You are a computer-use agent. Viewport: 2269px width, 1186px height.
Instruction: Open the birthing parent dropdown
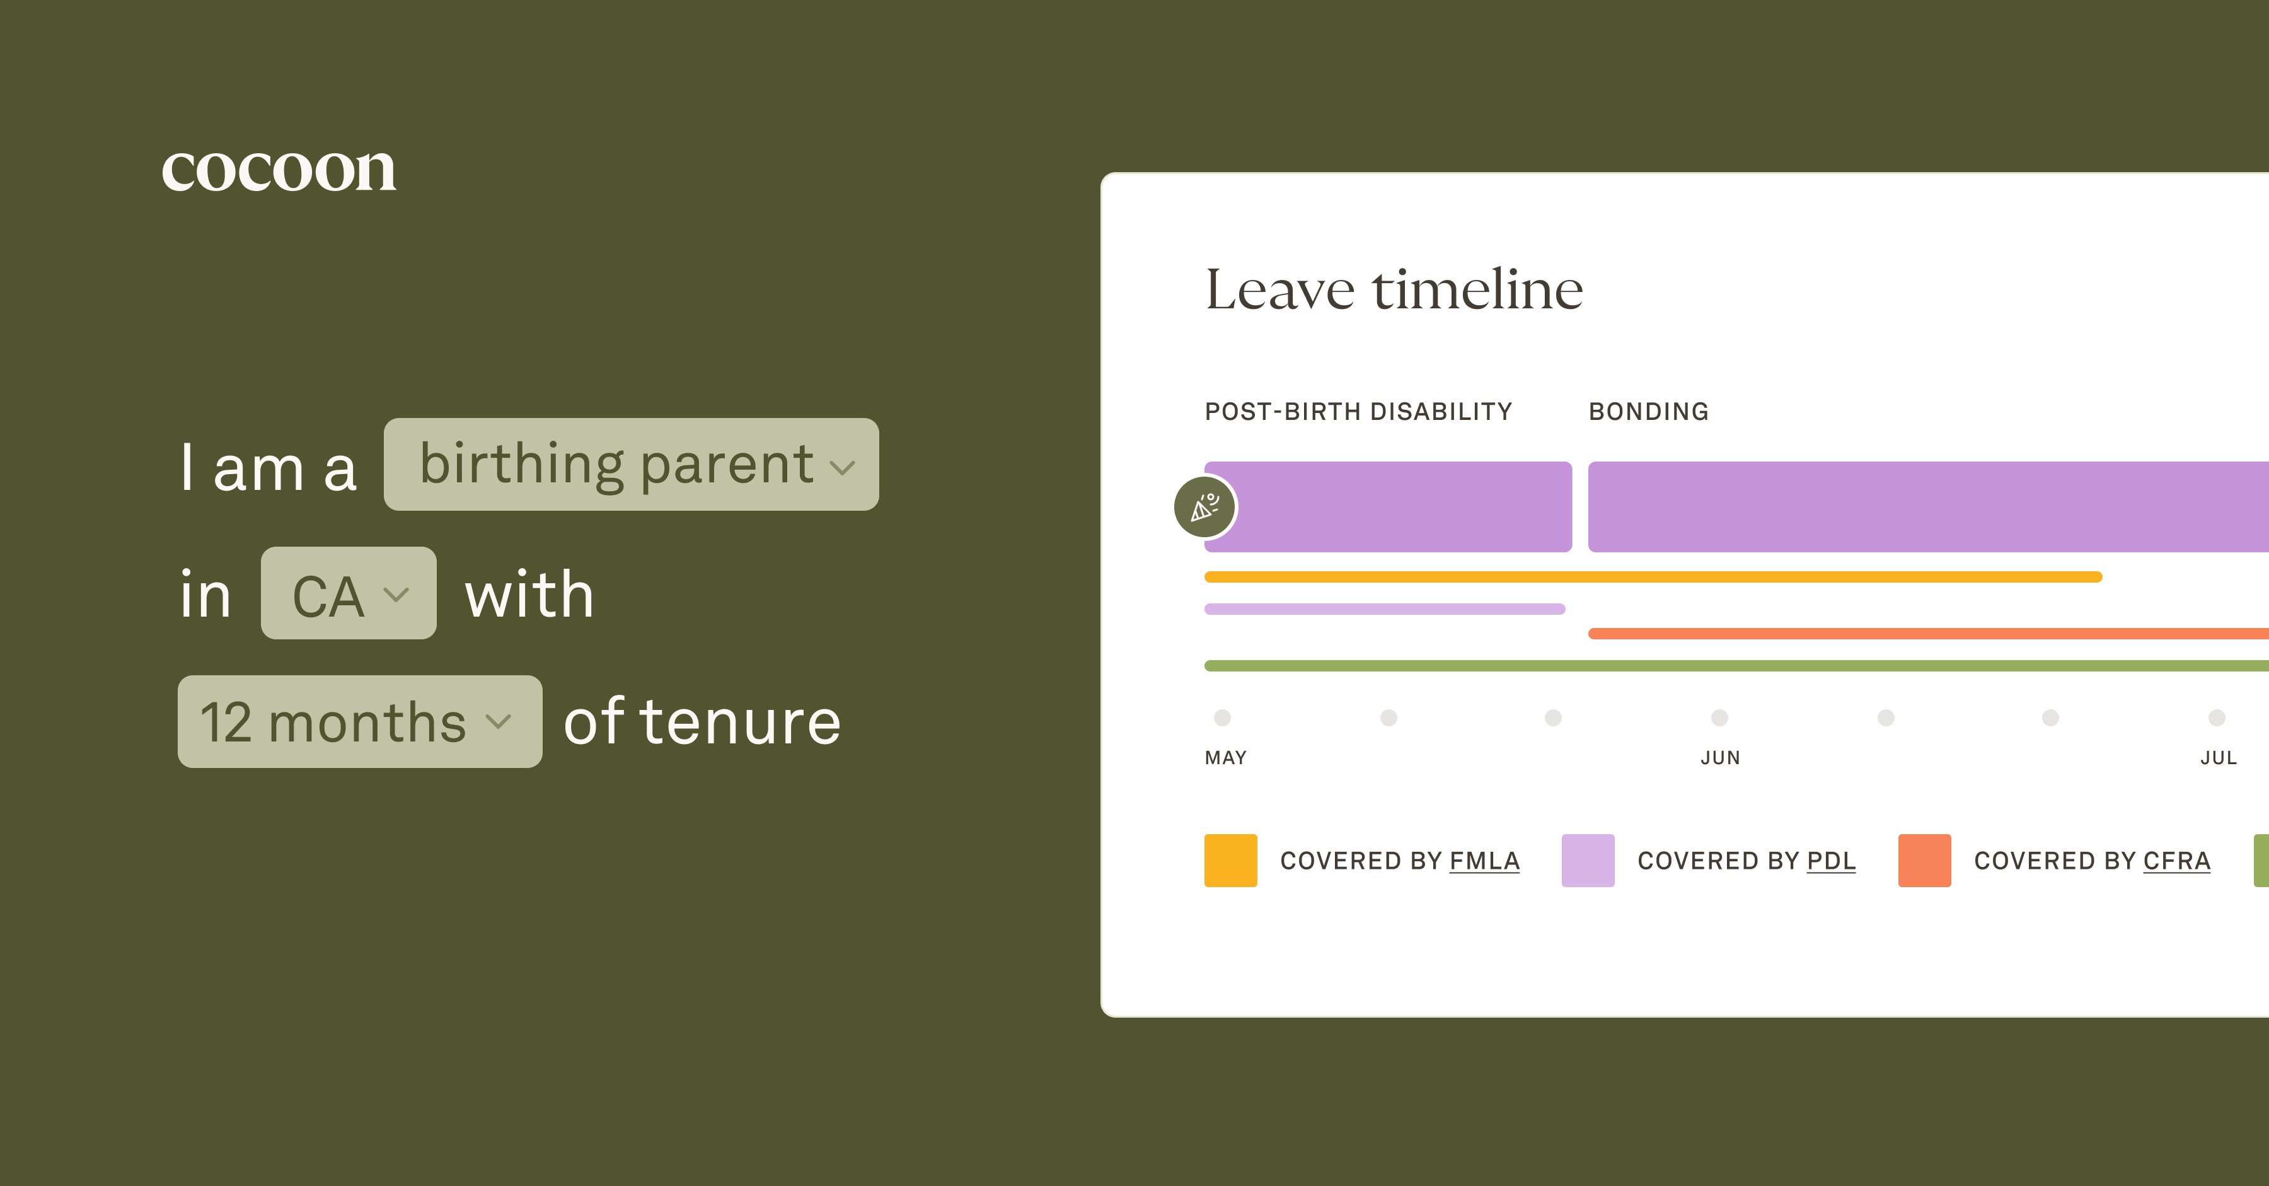pyautogui.click(x=631, y=464)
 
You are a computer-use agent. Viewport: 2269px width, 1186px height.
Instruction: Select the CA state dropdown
pyautogui.click(x=348, y=593)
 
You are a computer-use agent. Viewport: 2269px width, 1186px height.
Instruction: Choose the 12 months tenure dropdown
pyautogui.click(x=359, y=722)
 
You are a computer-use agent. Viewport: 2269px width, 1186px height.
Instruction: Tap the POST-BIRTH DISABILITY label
pyautogui.click(x=1358, y=412)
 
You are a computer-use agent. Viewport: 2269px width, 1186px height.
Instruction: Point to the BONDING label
pyautogui.click(x=1648, y=412)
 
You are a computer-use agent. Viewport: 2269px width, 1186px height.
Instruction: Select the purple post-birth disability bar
pyautogui.click(x=1400, y=507)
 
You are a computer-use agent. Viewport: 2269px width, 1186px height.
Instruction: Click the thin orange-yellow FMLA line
pyautogui.click(x=1653, y=577)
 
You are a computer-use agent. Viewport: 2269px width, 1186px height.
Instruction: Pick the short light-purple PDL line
pyautogui.click(x=1383, y=609)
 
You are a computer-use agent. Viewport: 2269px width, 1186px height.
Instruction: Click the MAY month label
pyautogui.click(x=1225, y=758)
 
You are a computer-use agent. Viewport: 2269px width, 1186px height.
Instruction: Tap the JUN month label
pyautogui.click(x=1719, y=758)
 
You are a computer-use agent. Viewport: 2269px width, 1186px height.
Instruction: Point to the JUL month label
pyautogui.click(x=2218, y=758)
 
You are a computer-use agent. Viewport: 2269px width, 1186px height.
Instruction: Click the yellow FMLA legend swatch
pyautogui.click(x=1230, y=860)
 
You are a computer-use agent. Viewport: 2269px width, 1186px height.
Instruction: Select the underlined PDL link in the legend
pyautogui.click(x=1830, y=861)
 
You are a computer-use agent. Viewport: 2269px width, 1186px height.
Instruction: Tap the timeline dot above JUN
pyautogui.click(x=1719, y=718)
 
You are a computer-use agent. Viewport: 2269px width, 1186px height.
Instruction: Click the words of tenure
pyautogui.click(x=702, y=722)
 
